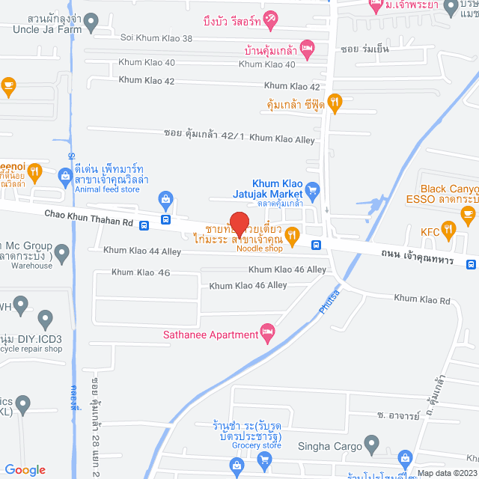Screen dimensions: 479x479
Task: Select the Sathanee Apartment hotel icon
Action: pos(267,332)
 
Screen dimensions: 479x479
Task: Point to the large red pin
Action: pos(238,225)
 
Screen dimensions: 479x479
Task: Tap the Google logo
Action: pos(25,469)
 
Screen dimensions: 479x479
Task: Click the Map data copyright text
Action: pos(448,473)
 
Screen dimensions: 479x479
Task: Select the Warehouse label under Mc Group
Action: pos(31,265)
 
